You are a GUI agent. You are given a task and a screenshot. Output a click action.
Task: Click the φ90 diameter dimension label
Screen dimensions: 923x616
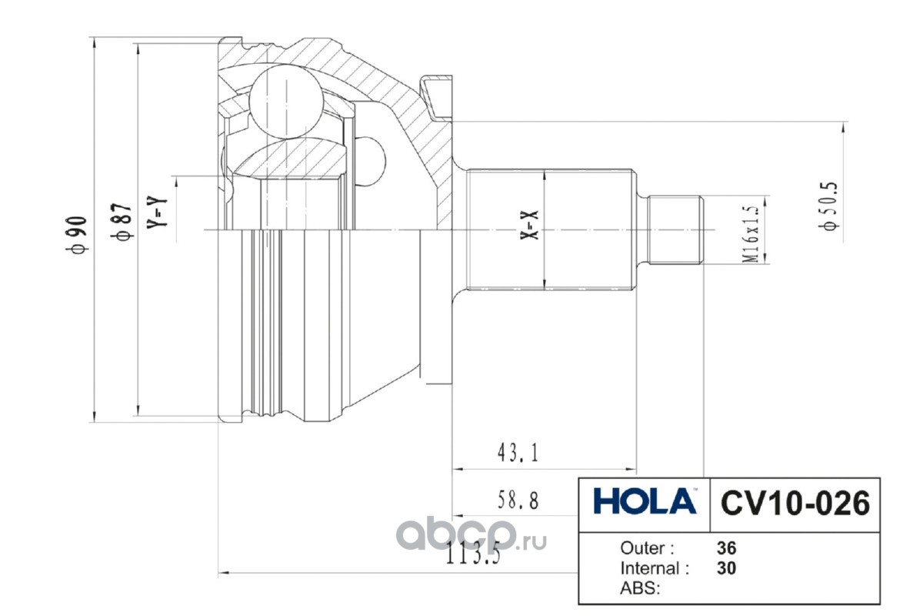pos(78,235)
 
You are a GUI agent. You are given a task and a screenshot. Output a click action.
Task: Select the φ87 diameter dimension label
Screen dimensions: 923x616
pos(122,221)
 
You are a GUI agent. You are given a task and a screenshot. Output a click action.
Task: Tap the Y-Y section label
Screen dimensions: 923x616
pos(158,211)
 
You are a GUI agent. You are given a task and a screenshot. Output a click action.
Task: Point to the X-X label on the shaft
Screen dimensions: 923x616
pos(529,225)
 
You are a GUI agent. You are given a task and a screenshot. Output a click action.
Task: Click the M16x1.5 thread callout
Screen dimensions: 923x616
pos(751,234)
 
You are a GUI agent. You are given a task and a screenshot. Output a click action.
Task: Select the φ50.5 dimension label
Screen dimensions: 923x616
pos(829,206)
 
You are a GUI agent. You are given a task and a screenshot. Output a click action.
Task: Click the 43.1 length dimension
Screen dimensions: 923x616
pos(518,453)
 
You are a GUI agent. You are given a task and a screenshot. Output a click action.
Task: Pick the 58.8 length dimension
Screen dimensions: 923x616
pos(518,500)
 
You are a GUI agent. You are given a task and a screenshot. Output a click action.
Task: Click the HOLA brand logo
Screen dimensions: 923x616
pos(645,501)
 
